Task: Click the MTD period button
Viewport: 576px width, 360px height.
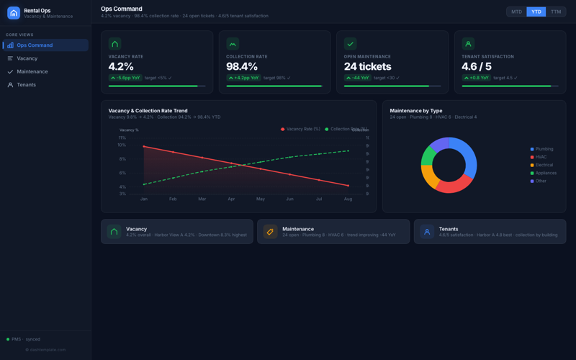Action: (516, 12)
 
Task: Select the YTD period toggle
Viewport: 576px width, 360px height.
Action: (536, 12)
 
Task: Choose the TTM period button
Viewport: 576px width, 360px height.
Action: (556, 12)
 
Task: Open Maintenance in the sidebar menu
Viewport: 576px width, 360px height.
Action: (32, 71)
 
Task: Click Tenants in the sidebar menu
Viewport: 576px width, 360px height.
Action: (26, 85)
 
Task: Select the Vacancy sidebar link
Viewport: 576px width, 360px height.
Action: (27, 58)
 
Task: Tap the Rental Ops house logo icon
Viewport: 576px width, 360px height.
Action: (14, 13)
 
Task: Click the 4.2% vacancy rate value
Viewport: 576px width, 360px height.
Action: (121, 67)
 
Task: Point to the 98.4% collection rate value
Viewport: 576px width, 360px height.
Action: (242, 67)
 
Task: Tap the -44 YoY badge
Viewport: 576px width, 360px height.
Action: (359, 78)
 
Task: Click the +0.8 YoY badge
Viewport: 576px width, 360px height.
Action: (476, 78)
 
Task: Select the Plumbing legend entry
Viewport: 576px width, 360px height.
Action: (544, 149)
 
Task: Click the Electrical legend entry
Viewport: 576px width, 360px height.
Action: (544, 165)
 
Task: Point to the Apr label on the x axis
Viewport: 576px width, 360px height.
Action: (231, 199)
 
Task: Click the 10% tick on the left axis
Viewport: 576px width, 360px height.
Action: (122, 145)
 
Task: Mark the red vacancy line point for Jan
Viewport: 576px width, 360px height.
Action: (144, 146)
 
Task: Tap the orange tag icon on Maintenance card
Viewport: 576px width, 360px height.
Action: (271, 231)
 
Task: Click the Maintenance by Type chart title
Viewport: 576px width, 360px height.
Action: (416, 111)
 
